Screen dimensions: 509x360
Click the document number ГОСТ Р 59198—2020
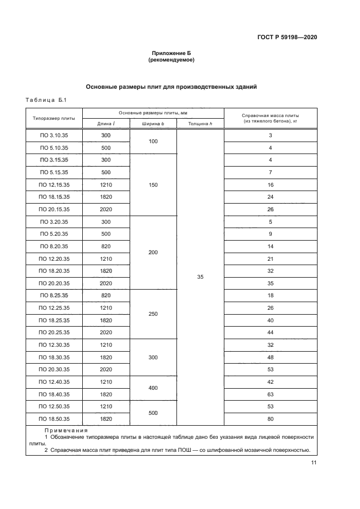pyautogui.click(x=287, y=37)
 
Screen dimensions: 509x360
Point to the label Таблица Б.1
pyautogui.click(x=46, y=100)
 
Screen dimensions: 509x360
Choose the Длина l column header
pyautogui.click(x=106, y=124)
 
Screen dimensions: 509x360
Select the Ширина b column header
pyautogui.click(x=153, y=124)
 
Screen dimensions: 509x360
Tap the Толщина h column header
pyautogui.click(x=200, y=124)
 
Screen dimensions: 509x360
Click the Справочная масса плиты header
pyautogui.click(x=270, y=118)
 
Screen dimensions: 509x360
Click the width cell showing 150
pyautogui.click(x=153, y=185)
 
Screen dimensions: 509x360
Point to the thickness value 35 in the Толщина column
pyautogui.click(x=200, y=277)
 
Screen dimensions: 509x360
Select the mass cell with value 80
pyautogui.click(x=270, y=419)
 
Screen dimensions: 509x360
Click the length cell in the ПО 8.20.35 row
pyautogui.click(x=106, y=246)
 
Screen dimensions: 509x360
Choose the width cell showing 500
pyautogui.click(x=153, y=413)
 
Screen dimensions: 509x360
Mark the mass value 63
pyautogui.click(x=270, y=394)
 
